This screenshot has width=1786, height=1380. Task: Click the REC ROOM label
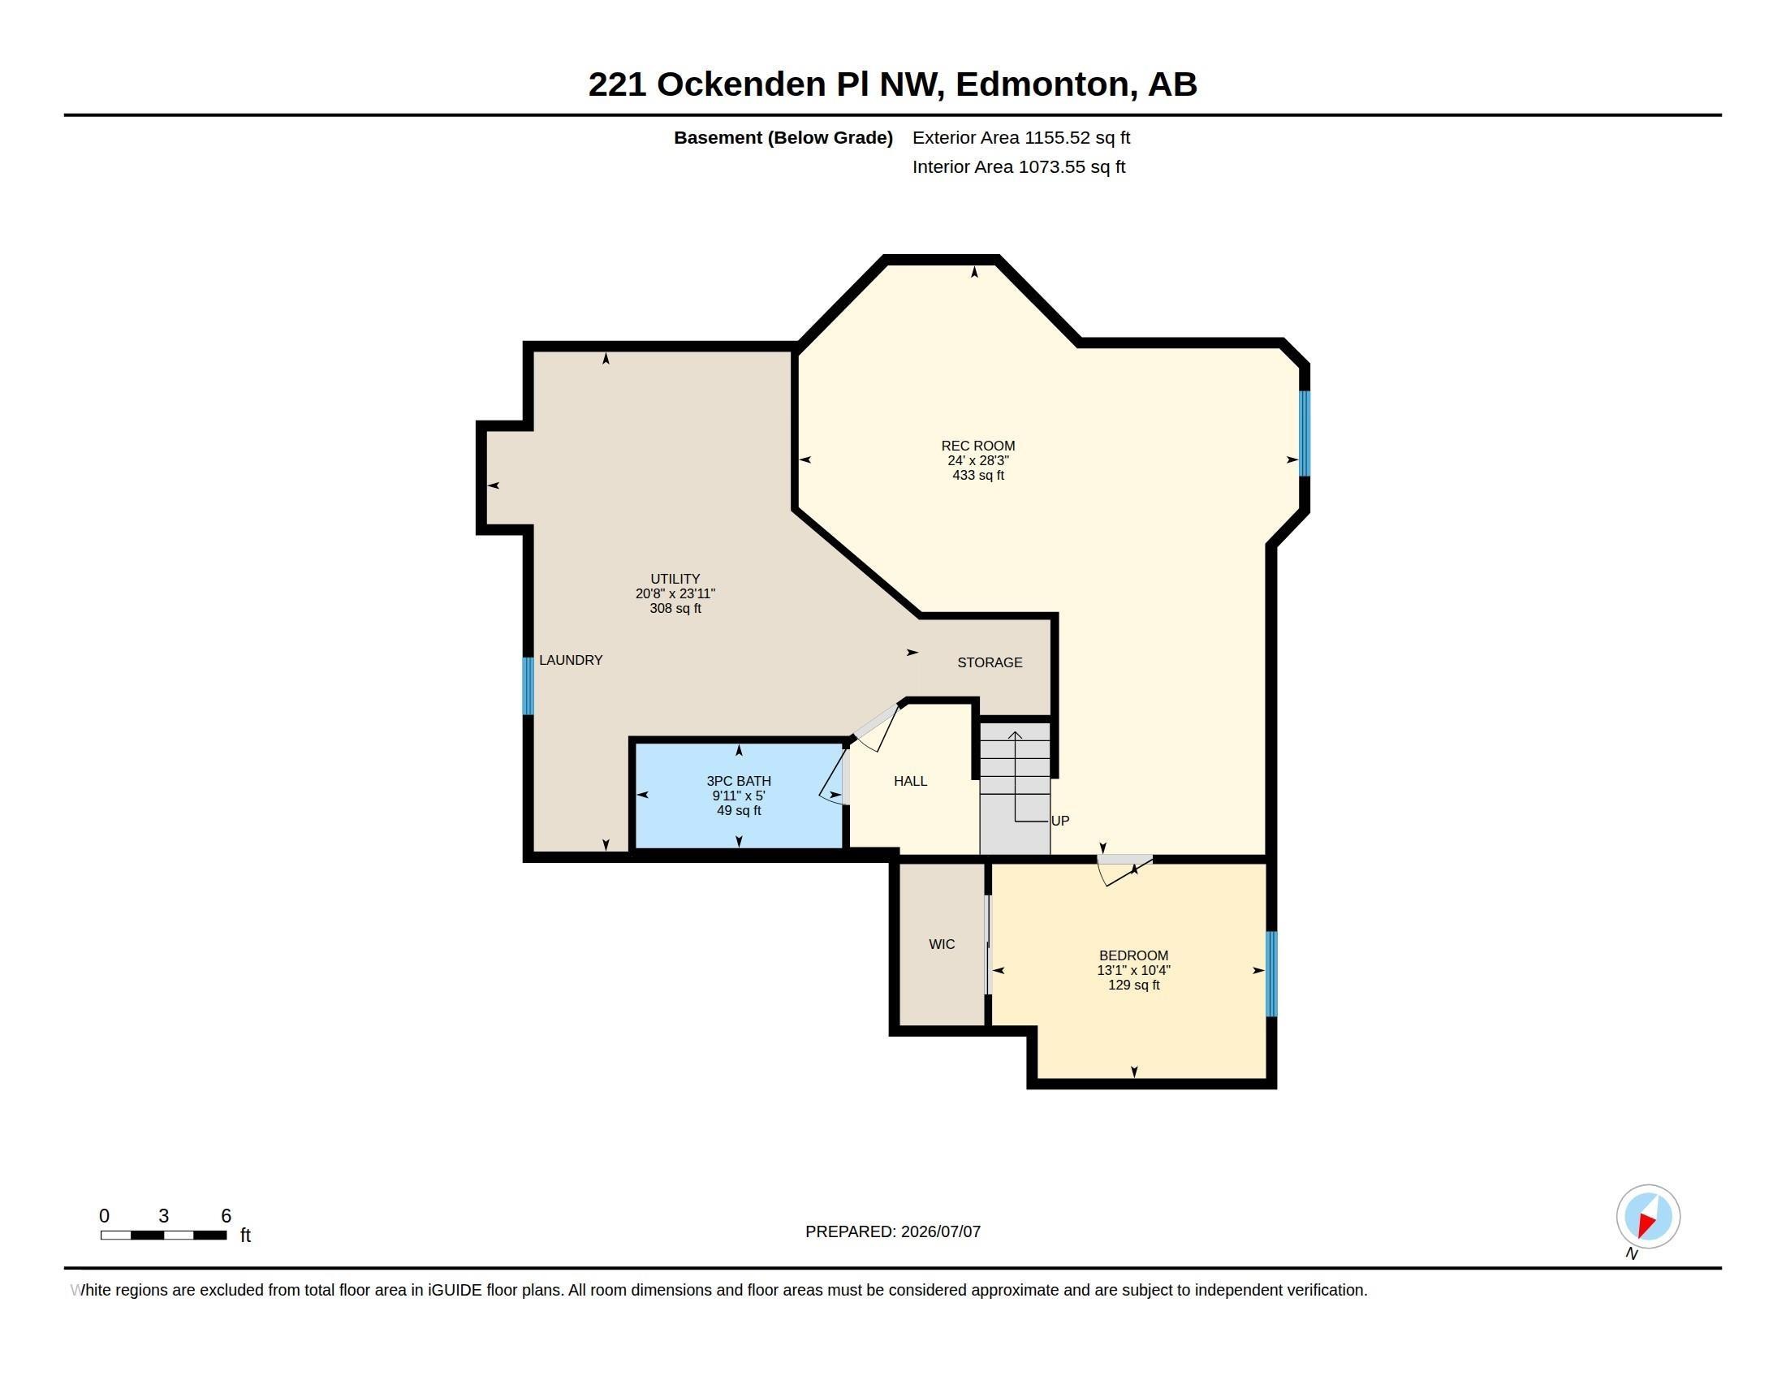point(977,446)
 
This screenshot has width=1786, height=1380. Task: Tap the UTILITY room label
point(675,579)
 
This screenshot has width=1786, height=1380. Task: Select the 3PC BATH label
point(739,781)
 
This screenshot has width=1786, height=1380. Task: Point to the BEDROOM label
point(1133,955)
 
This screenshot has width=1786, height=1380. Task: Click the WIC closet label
point(941,944)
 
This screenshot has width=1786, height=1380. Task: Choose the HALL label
point(910,781)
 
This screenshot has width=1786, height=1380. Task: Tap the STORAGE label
point(990,662)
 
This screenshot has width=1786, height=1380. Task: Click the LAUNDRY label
point(571,660)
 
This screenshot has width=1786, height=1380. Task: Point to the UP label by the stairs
point(1059,820)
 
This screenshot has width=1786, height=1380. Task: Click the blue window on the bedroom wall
point(1270,973)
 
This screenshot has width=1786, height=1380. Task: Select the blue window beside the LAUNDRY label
point(528,685)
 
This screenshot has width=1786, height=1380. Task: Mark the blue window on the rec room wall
point(1305,433)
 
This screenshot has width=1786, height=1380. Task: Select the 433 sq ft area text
point(978,475)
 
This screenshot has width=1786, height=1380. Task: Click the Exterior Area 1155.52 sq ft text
point(1021,137)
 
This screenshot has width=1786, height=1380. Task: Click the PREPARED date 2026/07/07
point(940,1231)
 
